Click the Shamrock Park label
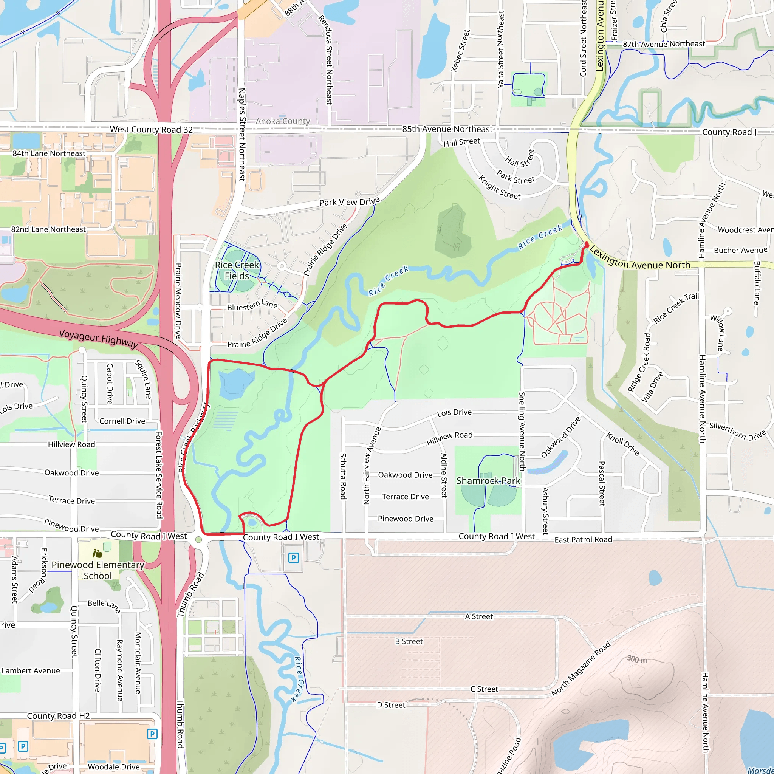[x=488, y=481]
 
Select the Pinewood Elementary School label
[x=98, y=570]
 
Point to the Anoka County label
[x=283, y=121]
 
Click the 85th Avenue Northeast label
[x=447, y=129]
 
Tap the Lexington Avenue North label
[x=640, y=259]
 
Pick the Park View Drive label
[x=349, y=202]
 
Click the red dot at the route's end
[x=587, y=244]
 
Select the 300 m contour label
[x=636, y=659]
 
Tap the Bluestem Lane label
[x=252, y=306]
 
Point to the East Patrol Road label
[x=583, y=540]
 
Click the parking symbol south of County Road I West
[x=294, y=558]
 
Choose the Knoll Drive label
[x=623, y=443]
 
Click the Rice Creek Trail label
[x=676, y=308]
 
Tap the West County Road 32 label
[x=151, y=129]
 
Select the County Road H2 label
[x=58, y=716]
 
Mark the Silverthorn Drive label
[x=737, y=431]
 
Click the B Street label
[x=409, y=641]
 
